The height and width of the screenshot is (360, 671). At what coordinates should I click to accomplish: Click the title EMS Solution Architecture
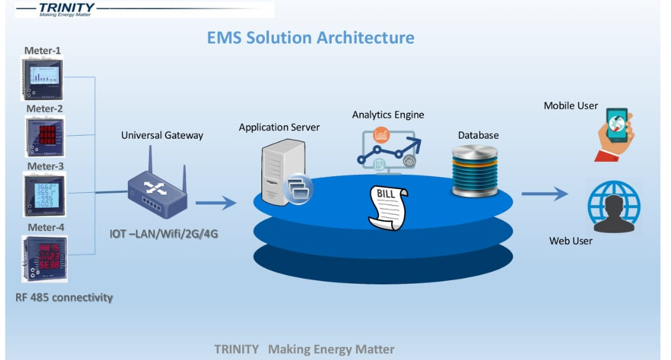(x=310, y=37)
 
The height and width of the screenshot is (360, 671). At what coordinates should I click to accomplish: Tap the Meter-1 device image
(x=42, y=79)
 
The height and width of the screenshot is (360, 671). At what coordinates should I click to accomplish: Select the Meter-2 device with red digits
(x=45, y=137)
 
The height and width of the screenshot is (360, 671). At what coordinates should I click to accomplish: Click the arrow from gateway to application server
(x=216, y=203)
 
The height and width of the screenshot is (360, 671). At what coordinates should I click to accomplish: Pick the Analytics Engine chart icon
(x=388, y=148)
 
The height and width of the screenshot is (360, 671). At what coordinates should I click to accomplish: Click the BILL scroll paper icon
(x=387, y=208)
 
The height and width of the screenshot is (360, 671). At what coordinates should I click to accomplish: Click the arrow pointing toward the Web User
(x=545, y=193)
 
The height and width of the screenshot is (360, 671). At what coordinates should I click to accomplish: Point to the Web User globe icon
(x=613, y=206)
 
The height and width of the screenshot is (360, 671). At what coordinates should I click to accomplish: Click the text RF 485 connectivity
(x=64, y=297)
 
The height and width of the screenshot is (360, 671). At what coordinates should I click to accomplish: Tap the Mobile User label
(x=570, y=105)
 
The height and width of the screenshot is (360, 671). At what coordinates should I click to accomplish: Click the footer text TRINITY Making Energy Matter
(x=304, y=349)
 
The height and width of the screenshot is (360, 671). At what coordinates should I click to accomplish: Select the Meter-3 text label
(x=45, y=166)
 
